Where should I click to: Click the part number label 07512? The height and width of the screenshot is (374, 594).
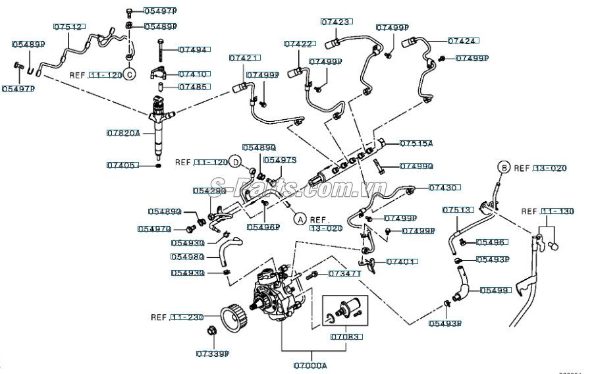pyautogui.click(x=68, y=27)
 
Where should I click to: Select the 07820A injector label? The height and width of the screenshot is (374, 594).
pyautogui.click(x=123, y=133)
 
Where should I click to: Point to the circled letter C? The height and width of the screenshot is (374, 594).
pyautogui.click(x=130, y=74)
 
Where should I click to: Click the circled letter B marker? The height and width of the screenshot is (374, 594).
pyautogui.click(x=503, y=167)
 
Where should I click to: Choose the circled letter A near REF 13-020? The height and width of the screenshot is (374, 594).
pyautogui.click(x=300, y=219)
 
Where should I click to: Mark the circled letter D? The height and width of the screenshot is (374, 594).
pyautogui.click(x=235, y=161)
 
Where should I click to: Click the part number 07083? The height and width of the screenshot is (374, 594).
pyautogui.click(x=346, y=336)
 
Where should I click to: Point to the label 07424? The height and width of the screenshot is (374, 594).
pyautogui.click(x=462, y=41)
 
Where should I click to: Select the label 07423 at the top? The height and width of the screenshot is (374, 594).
pyautogui.click(x=335, y=22)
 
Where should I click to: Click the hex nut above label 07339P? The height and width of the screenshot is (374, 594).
pyautogui.click(x=213, y=331)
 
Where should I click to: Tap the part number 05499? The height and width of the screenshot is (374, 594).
pyautogui.click(x=495, y=290)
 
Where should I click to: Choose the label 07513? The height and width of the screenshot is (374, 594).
pyautogui.click(x=457, y=210)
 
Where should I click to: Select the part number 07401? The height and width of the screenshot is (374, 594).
pyautogui.click(x=401, y=261)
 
